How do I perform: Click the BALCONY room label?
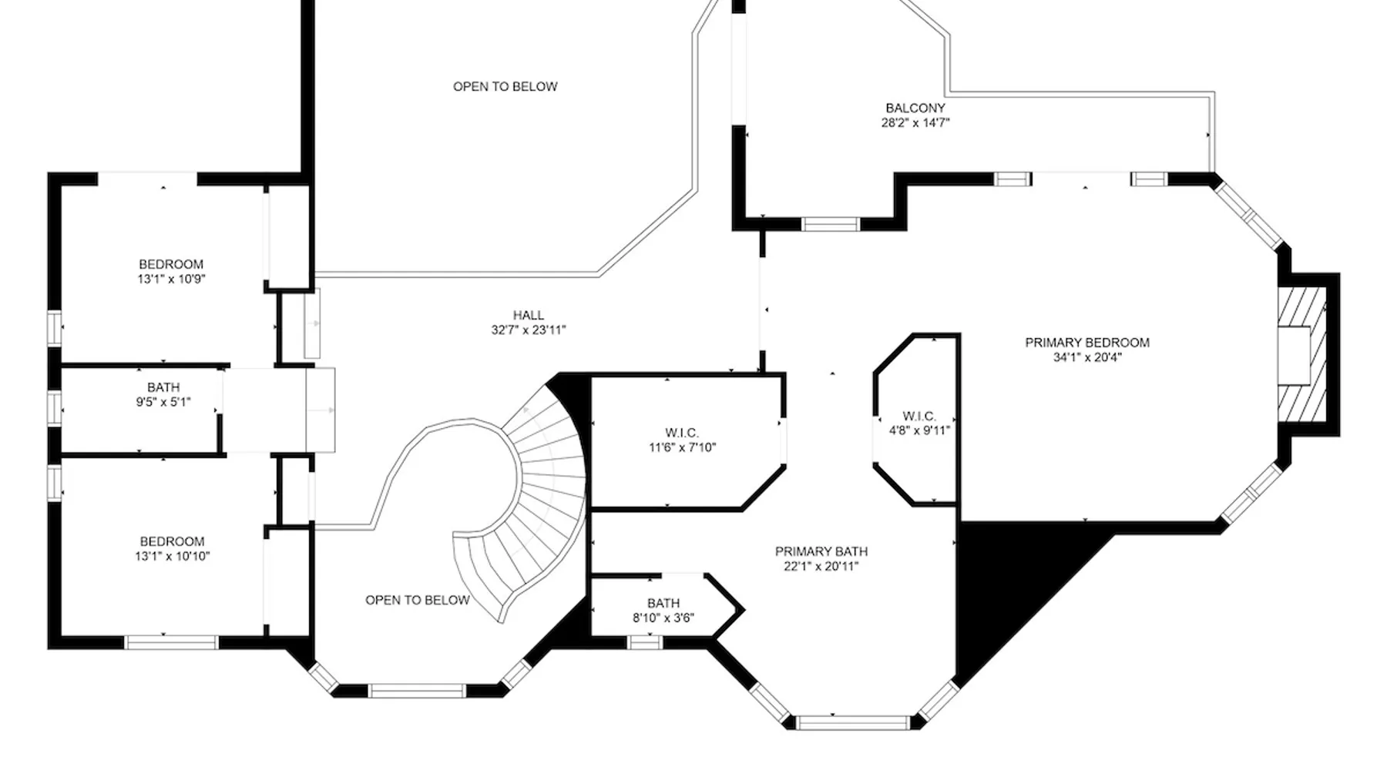pyautogui.click(x=915, y=109)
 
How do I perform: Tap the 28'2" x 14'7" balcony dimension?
pyautogui.click(x=915, y=122)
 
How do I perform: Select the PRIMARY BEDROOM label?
pyautogui.click(x=1087, y=343)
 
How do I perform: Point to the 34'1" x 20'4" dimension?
pyautogui.click(x=1087, y=357)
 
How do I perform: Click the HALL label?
pyautogui.click(x=529, y=315)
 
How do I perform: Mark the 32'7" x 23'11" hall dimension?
pyautogui.click(x=529, y=330)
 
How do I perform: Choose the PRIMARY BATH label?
pyautogui.click(x=821, y=551)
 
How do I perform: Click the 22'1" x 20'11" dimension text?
pyautogui.click(x=821, y=567)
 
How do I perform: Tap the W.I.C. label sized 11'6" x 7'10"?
pyautogui.click(x=682, y=433)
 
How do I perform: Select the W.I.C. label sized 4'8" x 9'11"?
pyautogui.click(x=919, y=416)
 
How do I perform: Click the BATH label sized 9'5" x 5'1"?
pyautogui.click(x=163, y=387)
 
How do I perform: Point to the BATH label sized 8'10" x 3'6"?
pyautogui.click(x=663, y=603)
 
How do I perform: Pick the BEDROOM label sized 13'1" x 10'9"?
pyautogui.click(x=171, y=264)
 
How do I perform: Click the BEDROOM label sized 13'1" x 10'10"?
pyautogui.click(x=172, y=541)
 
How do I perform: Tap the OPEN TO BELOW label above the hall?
pyautogui.click(x=505, y=86)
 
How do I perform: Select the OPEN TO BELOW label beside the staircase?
pyautogui.click(x=418, y=600)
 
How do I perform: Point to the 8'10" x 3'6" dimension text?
pyautogui.click(x=663, y=618)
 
